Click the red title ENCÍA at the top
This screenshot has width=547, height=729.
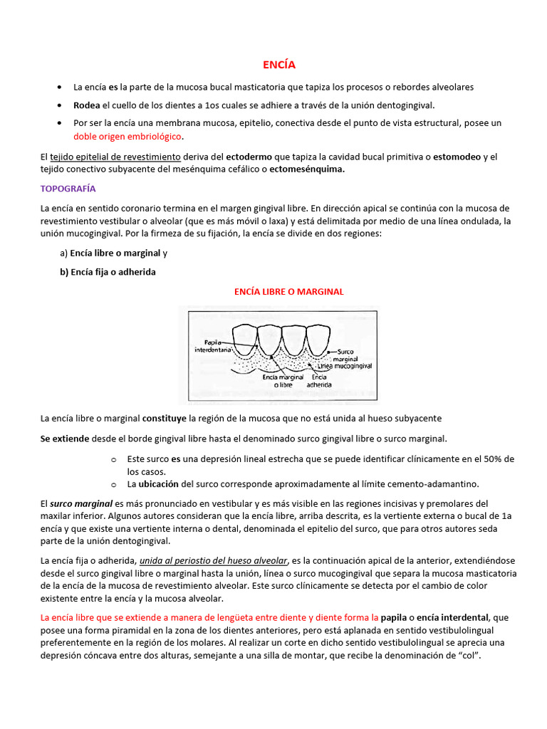coord(278,64)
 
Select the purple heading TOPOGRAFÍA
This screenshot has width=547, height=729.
coord(68,189)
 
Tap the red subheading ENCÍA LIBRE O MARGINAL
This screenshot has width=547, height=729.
coord(289,291)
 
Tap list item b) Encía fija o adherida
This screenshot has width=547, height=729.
coord(108,272)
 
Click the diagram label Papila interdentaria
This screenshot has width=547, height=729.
coord(213,346)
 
